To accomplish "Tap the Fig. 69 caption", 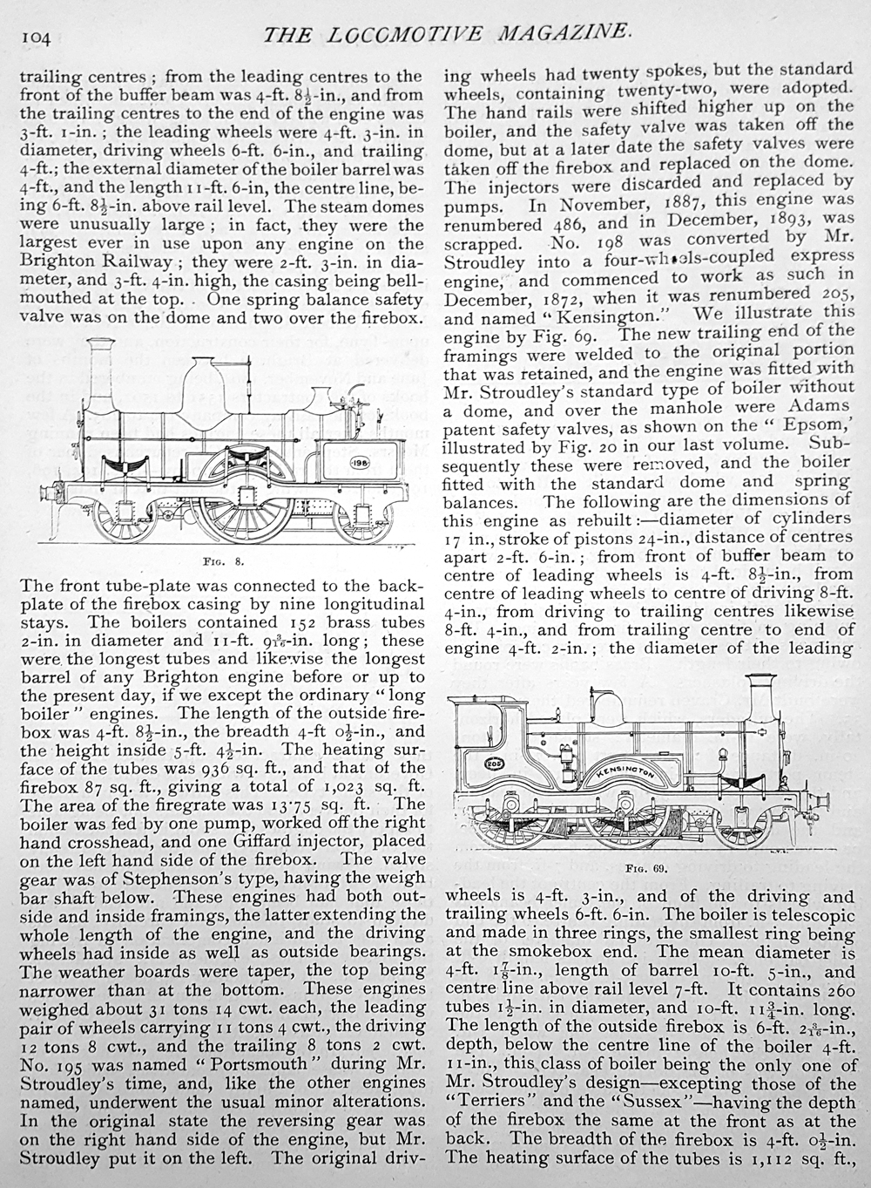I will tap(645, 867).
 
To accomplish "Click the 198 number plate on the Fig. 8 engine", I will tap(361, 463).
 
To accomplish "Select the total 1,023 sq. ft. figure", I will tap(352, 787).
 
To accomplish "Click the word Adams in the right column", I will tap(820, 407).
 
